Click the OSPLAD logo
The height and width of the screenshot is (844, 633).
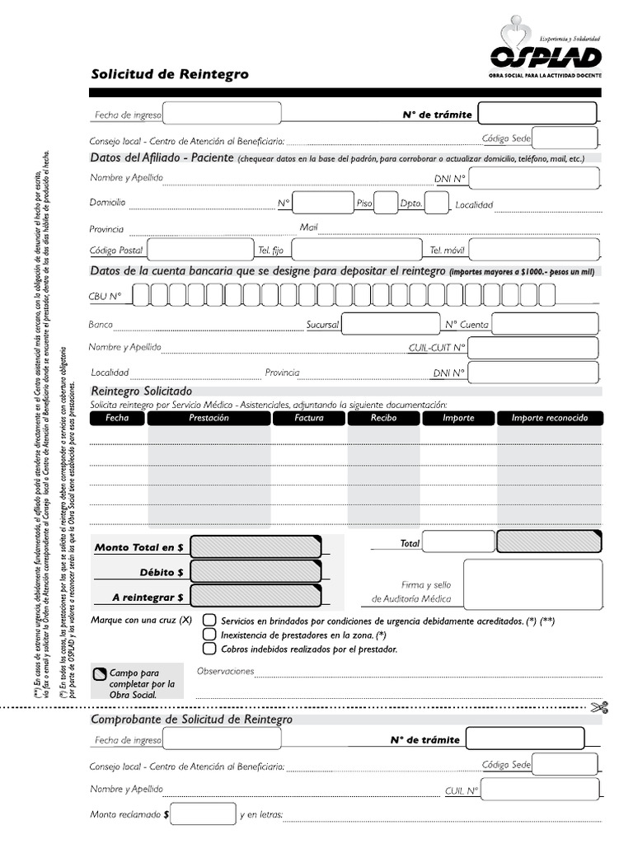click(545, 50)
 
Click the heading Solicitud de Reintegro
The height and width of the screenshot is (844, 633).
click(170, 75)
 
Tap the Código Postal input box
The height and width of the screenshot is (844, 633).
click(200, 249)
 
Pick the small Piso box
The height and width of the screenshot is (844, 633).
click(386, 203)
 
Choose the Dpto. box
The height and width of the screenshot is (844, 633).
click(437, 203)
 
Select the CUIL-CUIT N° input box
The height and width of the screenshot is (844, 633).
click(533, 348)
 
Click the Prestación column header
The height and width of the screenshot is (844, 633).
click(209, 418)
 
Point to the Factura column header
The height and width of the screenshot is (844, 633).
click(308, 418)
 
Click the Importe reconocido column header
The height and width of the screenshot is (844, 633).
click(550, 418)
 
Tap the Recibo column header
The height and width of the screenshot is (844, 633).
click(383, 418)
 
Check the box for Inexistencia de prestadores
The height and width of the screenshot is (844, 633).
click(210, 635)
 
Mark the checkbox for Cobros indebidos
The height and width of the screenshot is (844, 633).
click(210, 649)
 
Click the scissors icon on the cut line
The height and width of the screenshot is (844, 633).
click(599, 706)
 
